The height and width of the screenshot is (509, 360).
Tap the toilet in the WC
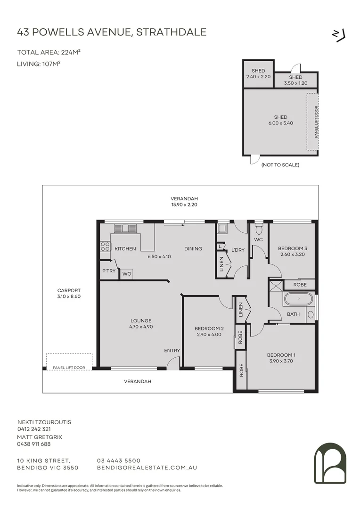(x=258, y=230)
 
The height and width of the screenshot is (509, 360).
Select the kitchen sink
(x=125, y=229)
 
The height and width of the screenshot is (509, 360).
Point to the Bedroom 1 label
(x=281, y=355)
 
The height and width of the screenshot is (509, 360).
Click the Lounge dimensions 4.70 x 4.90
(x=141, y=327)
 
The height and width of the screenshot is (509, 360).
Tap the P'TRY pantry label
(x=109, y=271)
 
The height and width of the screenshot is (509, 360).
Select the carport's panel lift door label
(x=69, y=367)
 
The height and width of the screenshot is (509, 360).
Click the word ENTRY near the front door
(x=172, y=350)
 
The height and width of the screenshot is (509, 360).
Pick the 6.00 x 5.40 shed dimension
(x=280, y=123)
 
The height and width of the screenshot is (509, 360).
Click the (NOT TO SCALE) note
(x=280, y=165)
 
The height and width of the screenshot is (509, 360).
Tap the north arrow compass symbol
(x=339, y=35)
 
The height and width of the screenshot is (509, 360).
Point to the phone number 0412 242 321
(x=34, y=429)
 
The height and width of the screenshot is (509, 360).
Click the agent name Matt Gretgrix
(x=40, y=437)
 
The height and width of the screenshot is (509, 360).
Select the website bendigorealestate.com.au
(x=147, y=468)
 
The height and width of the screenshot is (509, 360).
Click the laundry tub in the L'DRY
(x=222, y=230)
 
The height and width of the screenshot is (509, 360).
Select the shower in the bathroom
(x=275, y=285)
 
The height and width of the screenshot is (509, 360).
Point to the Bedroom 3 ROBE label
(x=300, y=285)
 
